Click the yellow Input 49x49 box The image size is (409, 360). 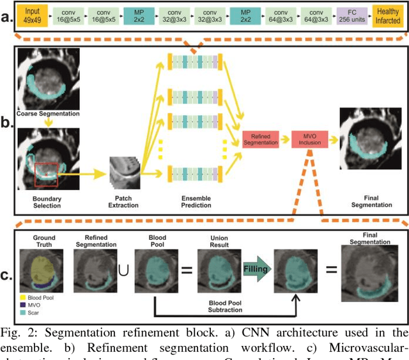pyautogui.click(x=32, y=15)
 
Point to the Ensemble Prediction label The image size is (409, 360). pyautogui.click(x=196, y=203)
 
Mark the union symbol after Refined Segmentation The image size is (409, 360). pyautogui.click(x=123, y=270)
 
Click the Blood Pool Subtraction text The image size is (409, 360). pyautogui.click(x=217, y=306)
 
